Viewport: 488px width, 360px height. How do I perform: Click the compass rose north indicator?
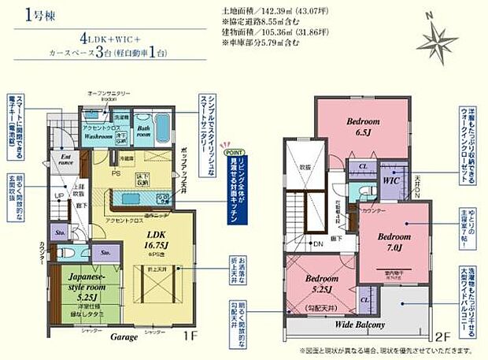(434, 39)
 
